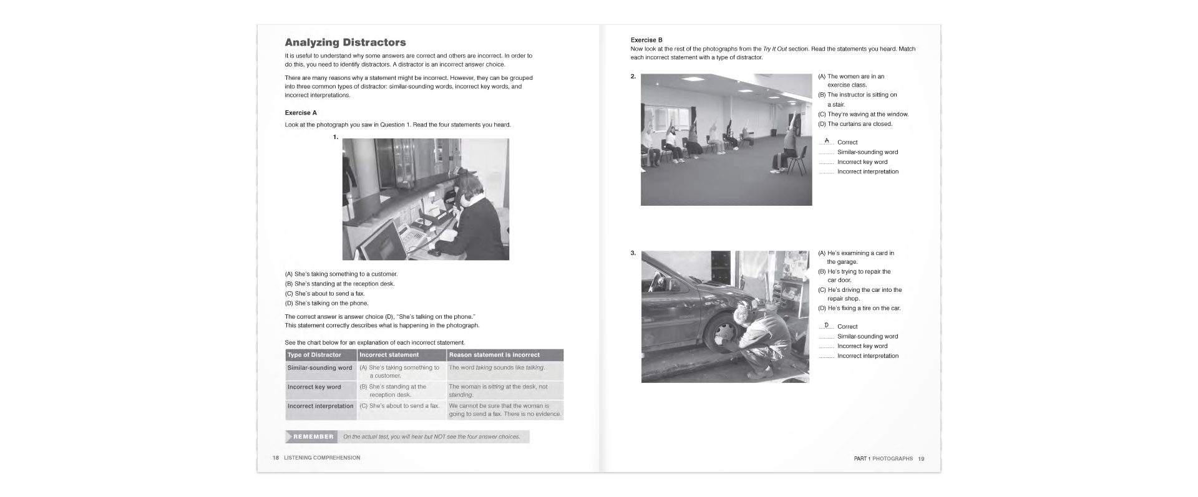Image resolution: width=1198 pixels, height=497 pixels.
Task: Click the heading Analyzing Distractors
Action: pyautogui.click(x=345, y=42)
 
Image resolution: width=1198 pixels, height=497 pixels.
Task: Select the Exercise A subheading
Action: pyautogui.click(x=301, y=113)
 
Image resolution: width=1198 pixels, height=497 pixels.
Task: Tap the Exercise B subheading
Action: pyautogui.click(x=646, y=40)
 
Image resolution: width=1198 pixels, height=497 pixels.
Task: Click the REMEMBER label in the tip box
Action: pyautogui.click(x=313, y=437)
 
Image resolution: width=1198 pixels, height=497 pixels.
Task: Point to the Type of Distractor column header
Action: pyautogui.click(x=314, y=355)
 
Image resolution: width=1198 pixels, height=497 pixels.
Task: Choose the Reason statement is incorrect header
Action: pyautogui.click(x=494, y=355)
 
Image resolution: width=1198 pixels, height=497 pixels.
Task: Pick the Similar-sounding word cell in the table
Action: pyautogui.click(x=319, y=368)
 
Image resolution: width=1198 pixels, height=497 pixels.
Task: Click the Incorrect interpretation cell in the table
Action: pyautogui.click(x=320, y=406)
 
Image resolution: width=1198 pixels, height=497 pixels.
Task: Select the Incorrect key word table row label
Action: pyautogui.click(x=314, y=387)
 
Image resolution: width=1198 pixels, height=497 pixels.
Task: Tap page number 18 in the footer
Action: pyautogui.click(x=275, y=458)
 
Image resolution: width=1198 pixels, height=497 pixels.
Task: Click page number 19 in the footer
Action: pyautogui.click(x=921, y=459)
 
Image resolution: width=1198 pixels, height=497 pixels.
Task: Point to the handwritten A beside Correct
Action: pyautogui.click(x=827, y=141)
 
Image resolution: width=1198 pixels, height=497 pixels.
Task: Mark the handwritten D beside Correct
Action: pyautogui.click(x=827, y=325)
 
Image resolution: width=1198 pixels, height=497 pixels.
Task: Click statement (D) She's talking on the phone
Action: pyautogui.click(x=326, y=304)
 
